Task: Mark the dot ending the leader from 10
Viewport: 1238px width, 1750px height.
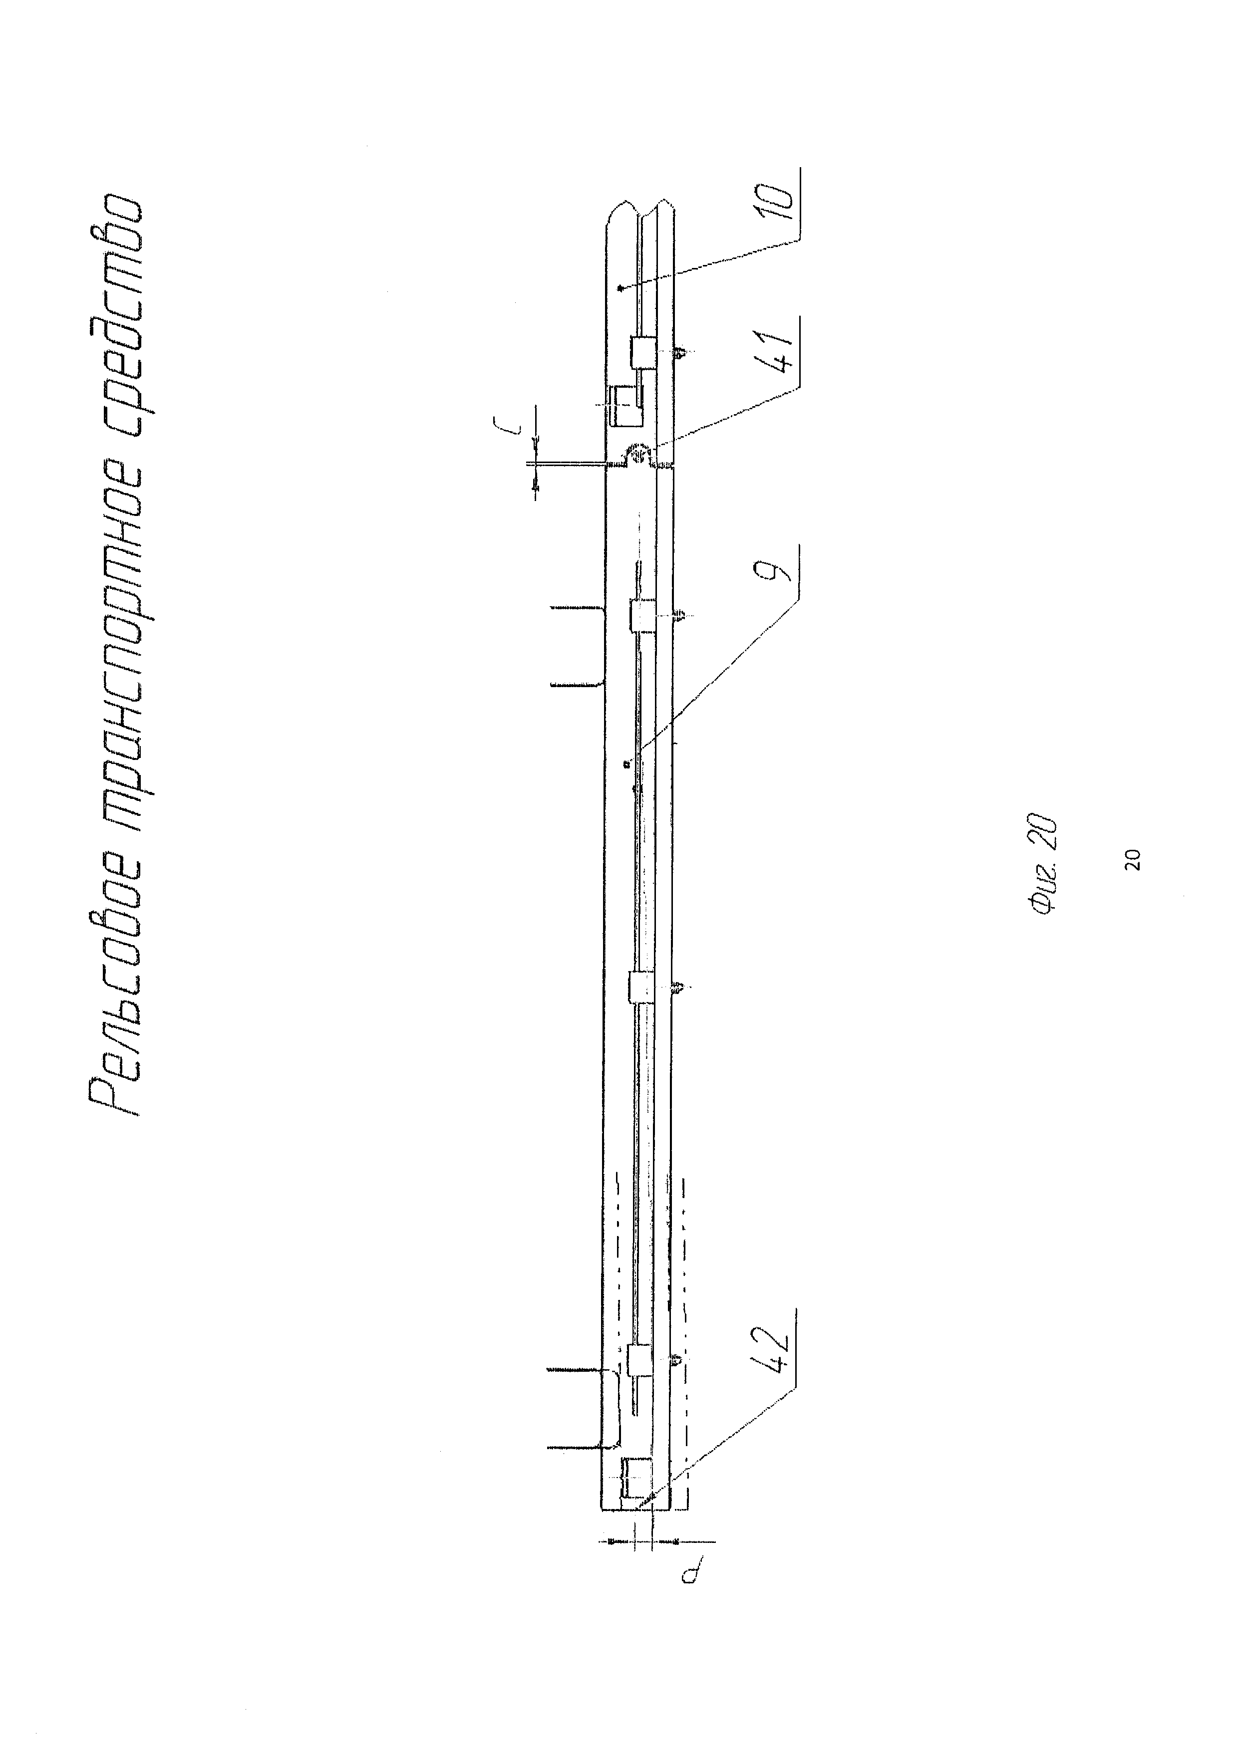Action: pyautogui.click(x=620, y=288)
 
